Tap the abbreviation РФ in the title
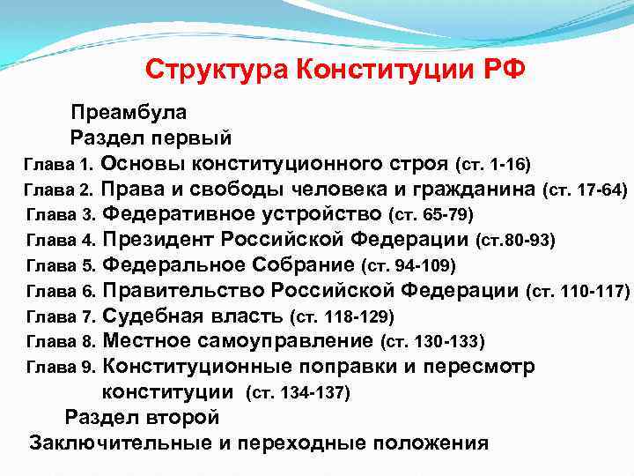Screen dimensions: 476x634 (x=503, y=69)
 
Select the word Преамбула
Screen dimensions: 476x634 (x=128, y=113)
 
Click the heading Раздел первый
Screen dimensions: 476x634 (x=151, y=138)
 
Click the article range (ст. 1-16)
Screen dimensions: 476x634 (x=491, y=164)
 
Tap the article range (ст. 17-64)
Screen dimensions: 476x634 (x=586, y=190)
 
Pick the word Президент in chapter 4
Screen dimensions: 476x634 (x=158, y=240)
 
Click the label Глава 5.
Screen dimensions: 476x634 (x=63, y=265)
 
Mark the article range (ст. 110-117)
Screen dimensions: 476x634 (x=578, y=290)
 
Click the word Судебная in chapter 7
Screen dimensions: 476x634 (x=150, y=316)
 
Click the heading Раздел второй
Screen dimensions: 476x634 (x=142, y=417)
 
